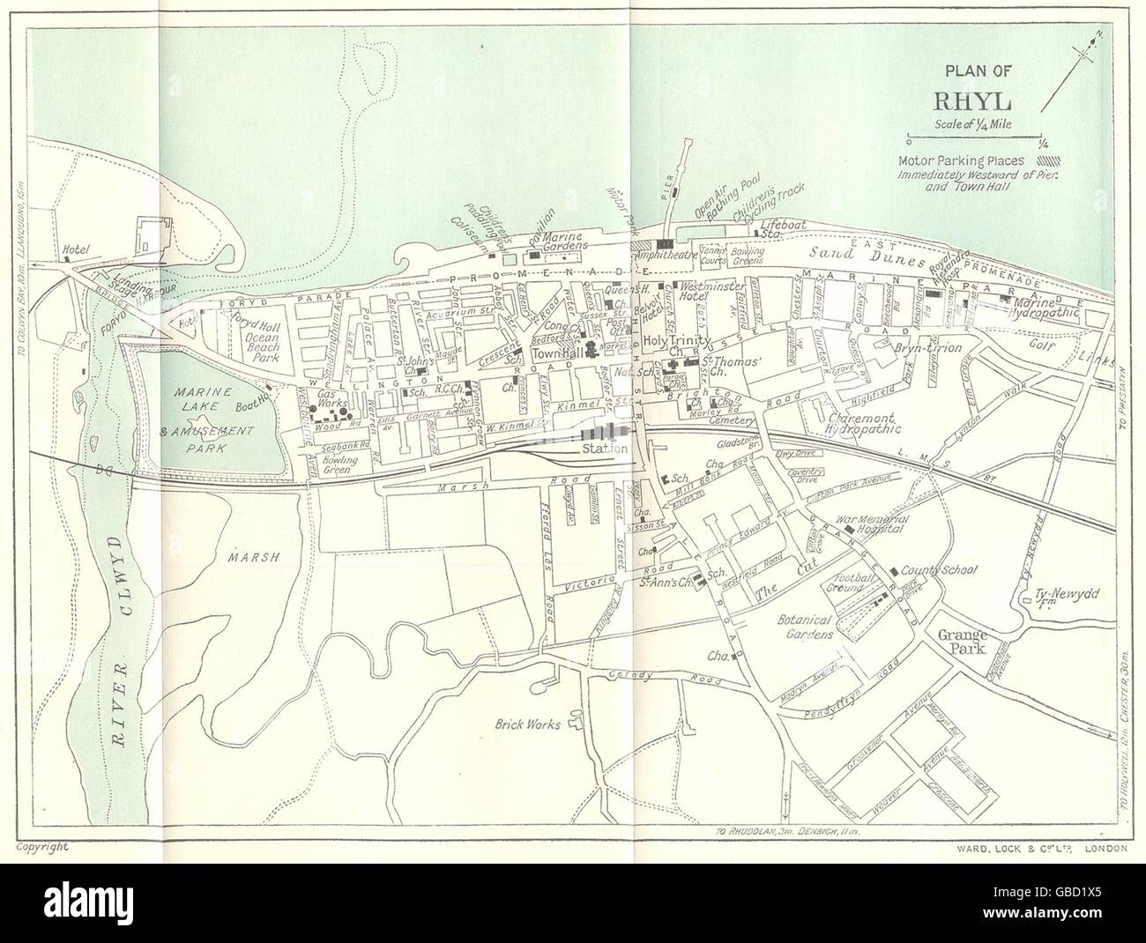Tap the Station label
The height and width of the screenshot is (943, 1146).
(x=604, y=449)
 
